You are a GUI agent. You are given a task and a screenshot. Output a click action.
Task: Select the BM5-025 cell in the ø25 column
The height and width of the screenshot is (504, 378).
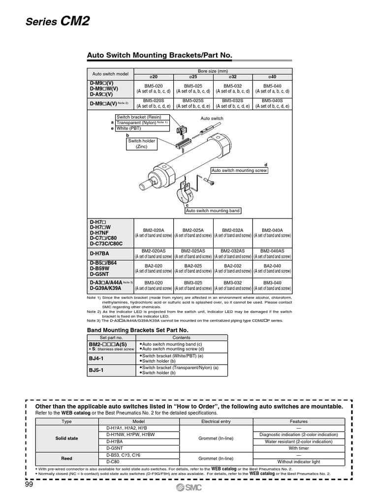[193, 88]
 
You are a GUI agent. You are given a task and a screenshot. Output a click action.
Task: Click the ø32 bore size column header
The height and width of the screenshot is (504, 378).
[232, 77]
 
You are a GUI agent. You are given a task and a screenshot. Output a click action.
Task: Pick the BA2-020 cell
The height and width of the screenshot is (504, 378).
[153, 268]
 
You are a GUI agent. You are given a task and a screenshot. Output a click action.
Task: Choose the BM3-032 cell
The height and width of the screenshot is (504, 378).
[232, 285]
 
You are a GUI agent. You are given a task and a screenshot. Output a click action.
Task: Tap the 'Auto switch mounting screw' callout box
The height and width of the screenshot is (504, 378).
[239, 170]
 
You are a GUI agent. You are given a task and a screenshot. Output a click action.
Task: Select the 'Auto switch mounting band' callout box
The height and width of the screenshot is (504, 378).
[213, 211]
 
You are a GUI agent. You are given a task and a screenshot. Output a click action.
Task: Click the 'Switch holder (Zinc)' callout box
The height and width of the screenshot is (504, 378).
[141, 144]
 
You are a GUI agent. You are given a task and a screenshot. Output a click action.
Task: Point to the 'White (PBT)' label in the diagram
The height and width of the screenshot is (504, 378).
[129, 128]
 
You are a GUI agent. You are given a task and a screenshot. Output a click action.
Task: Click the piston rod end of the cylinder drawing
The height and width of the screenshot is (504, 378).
[146, 186]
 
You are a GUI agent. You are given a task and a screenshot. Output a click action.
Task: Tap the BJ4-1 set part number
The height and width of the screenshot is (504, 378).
[98, 359]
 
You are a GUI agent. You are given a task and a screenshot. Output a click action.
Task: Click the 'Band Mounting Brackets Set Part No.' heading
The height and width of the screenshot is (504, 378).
[137, 330]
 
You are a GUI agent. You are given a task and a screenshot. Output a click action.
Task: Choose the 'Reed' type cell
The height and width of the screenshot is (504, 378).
[66, 458]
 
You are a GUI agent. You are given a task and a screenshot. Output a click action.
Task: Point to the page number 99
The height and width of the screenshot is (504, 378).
[31, 485]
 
